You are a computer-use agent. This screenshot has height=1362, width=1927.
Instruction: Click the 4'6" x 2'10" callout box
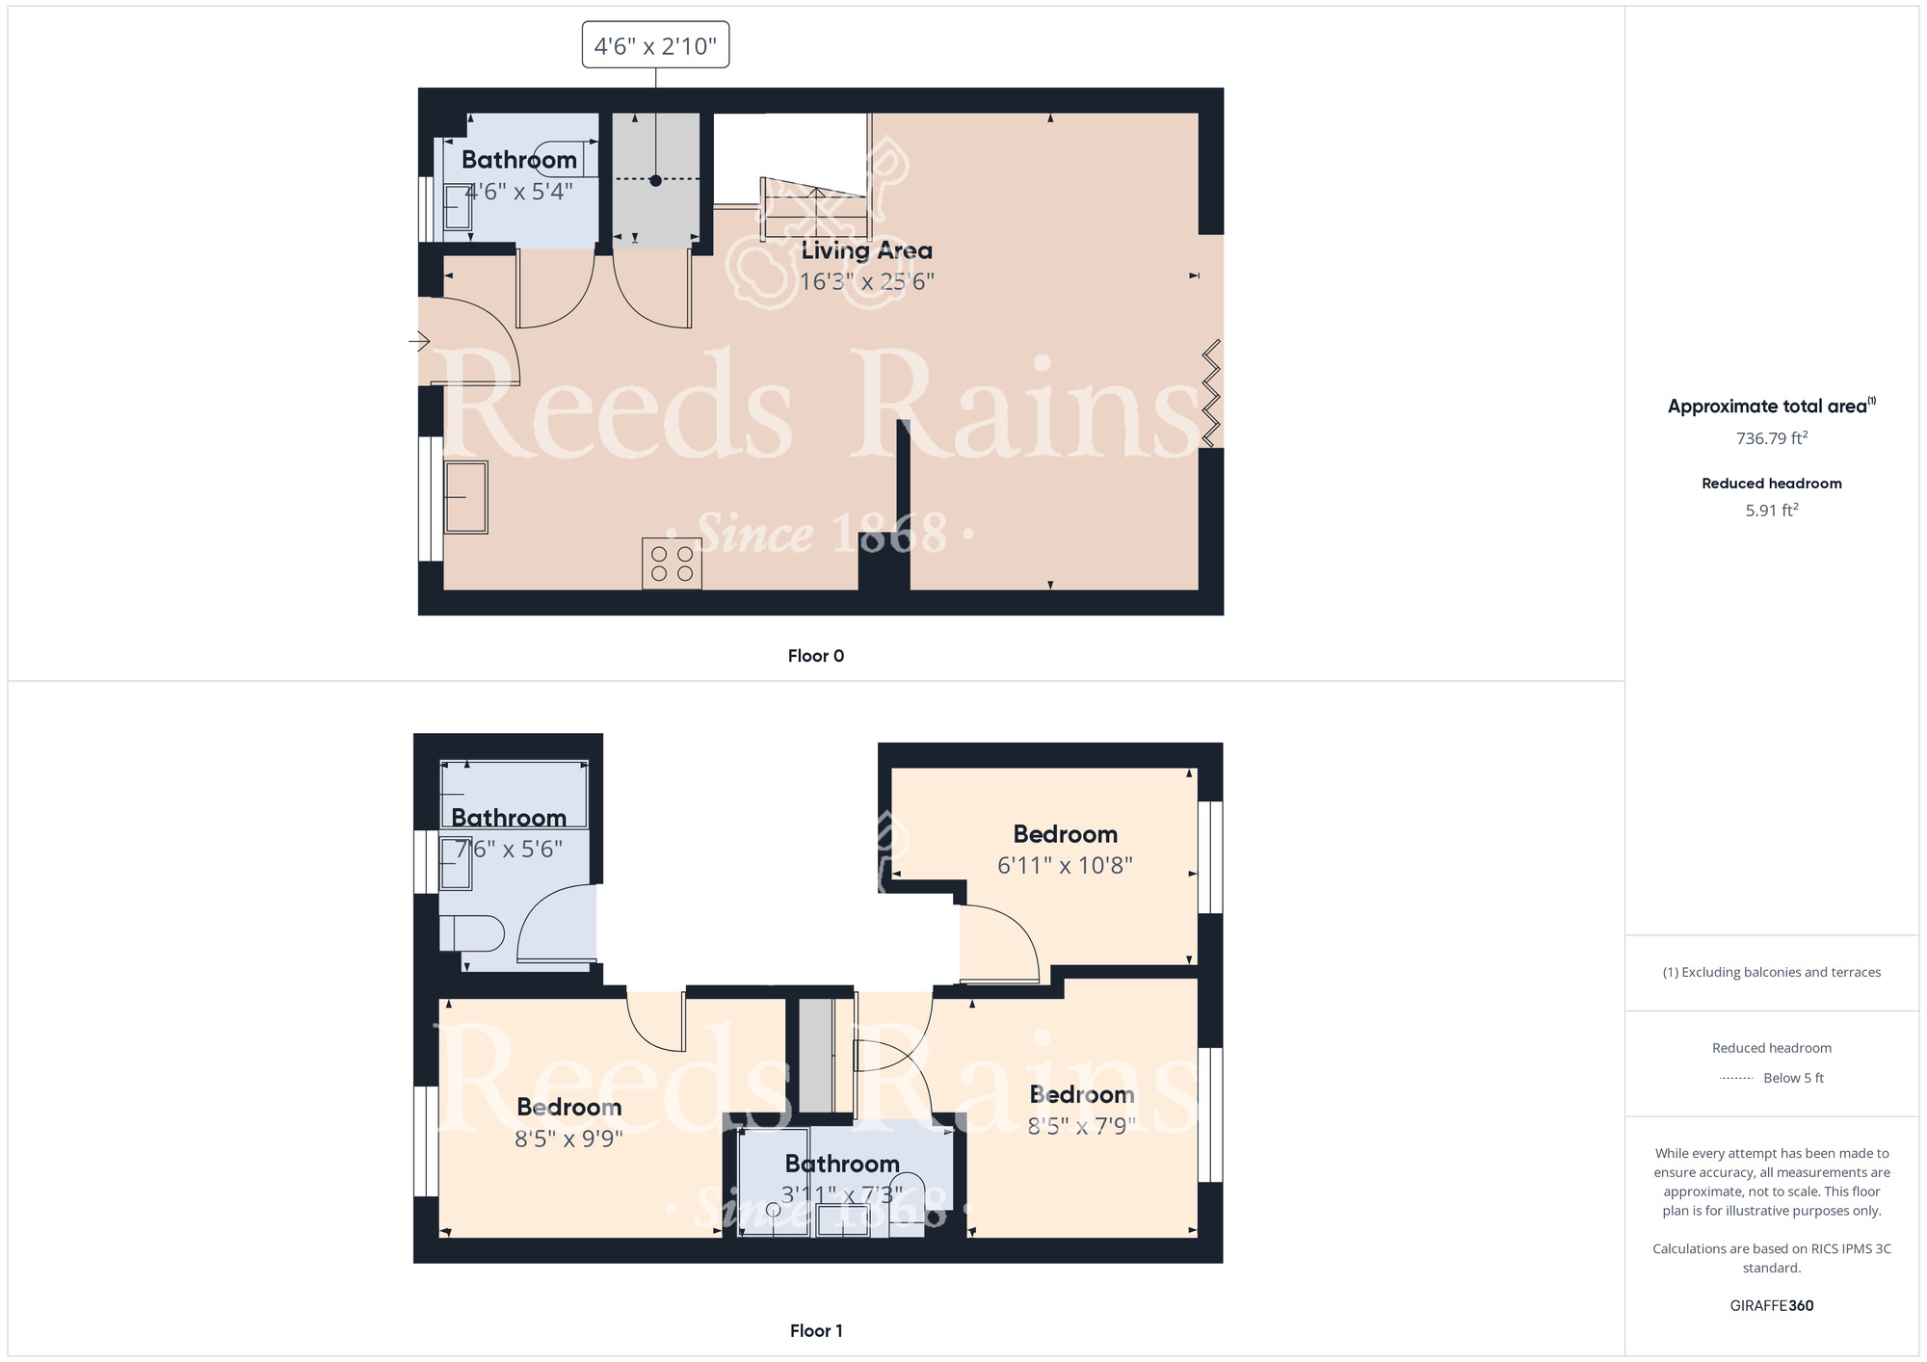click(x=655, y=45)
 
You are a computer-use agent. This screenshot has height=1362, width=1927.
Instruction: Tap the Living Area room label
click(x=866, y=250)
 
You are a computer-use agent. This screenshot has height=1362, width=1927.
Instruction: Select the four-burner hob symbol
click(x=672, y=563)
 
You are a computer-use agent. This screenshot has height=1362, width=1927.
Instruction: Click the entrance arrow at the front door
click(x=419, y=341)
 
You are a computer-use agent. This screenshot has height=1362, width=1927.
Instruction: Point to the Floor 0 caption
click(x=815, y=656)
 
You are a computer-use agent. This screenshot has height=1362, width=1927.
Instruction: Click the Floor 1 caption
click(x=815, y=1330)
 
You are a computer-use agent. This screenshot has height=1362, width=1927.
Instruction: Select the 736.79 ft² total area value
click(x=1771, y=438)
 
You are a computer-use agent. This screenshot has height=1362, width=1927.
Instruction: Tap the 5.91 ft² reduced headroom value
click(x=1771, y=510)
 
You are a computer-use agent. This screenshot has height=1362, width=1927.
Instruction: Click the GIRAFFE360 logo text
click(x=1771, y=1306)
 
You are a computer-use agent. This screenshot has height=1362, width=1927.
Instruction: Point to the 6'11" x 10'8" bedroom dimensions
click(x=1065, y=865)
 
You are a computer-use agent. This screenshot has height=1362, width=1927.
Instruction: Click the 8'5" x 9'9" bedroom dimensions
click(x=568, y=1139)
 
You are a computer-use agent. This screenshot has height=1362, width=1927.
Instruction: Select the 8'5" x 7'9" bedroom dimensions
click(x=1081, y=1126)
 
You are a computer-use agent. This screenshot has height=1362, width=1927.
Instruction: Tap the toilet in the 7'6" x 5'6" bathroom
click(x=471, y=933)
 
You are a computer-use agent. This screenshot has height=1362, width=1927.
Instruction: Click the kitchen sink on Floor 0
click(x=465, y=497)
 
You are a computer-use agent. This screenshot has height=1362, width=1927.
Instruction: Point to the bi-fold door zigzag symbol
click(x=1211, y=394)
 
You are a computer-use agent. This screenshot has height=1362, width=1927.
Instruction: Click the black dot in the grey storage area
click(x=655, y=180)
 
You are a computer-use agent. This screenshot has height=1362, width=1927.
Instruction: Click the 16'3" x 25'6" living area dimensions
click(x=866, y=281)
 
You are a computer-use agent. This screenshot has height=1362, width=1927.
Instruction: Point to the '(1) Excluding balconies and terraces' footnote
click(x=1771, y=972)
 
